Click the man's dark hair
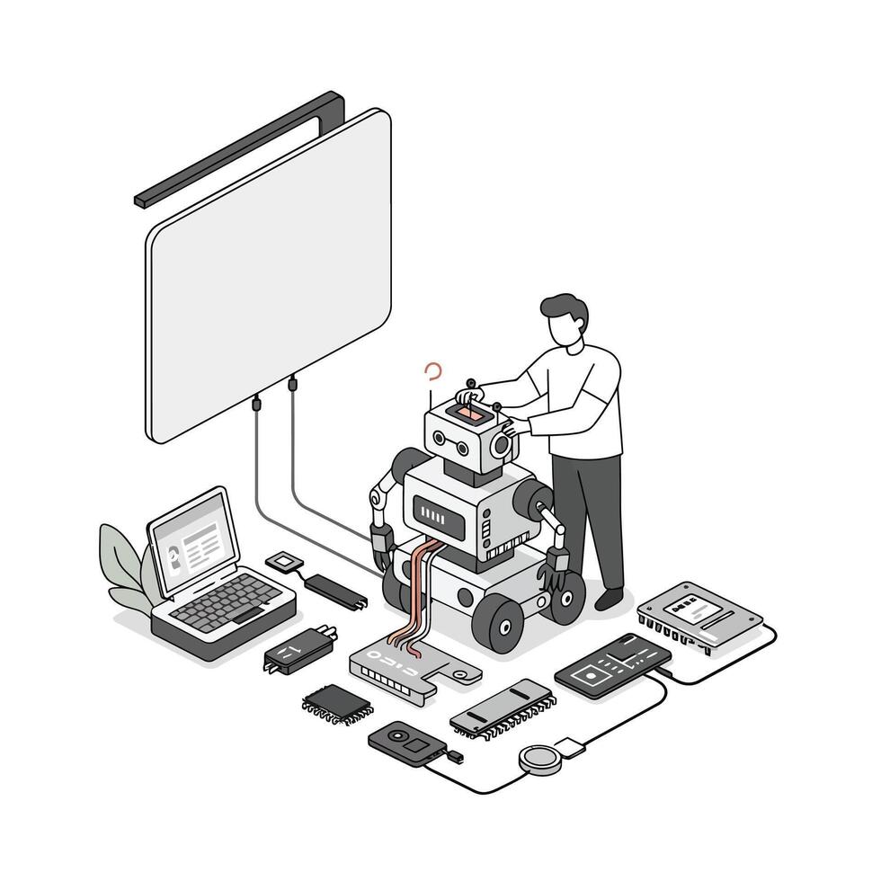click(x=566, y=309)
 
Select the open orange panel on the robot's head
click(x=468, y=413)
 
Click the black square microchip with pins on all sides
click(x=337, y=701)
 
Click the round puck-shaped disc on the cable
click(x=538, y=757)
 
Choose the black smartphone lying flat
click(x=612, y=665)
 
